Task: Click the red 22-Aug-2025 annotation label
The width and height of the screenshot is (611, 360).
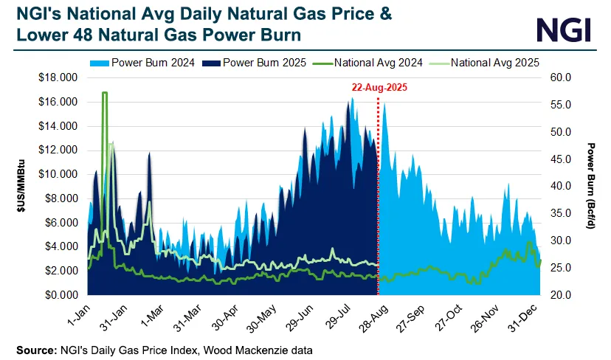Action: coord(379,86)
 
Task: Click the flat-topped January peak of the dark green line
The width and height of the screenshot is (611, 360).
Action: coord(105,93)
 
